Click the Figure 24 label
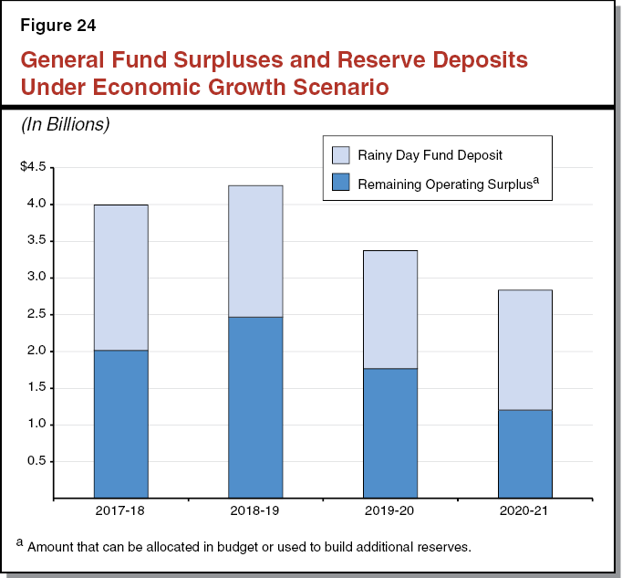click(x=57, y=24)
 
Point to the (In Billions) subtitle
click(x=65, y=125)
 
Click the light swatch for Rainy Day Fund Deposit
click(x=340, y=155)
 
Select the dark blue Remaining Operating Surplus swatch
click(x=340, y=183)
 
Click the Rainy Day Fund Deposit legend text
click(x=430, y=155)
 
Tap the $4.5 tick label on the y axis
click(x=33, y=167)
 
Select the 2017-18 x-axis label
click(x=120, y=510)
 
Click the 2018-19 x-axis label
click(x=255, y=510)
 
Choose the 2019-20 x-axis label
click(x=389, y=510)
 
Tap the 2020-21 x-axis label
click(x=524, y=510)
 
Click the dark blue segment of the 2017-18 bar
click(x=120, y=424)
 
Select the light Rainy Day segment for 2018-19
click(x=255, y=251)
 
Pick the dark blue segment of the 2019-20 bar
click(x=389, y=433)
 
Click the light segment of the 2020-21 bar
click(x=524, y=350)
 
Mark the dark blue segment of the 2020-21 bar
click(x=524, y=454)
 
